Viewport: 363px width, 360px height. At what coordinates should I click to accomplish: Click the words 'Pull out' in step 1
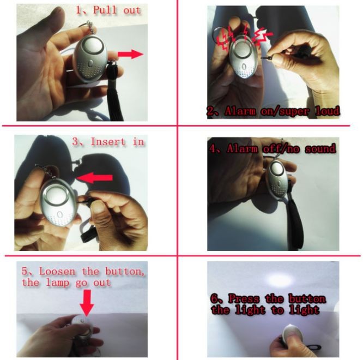pyautogui.click(x=117, y=10)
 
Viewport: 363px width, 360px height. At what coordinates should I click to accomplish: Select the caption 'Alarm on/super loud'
pyautogui.click(x=273, y=111)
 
